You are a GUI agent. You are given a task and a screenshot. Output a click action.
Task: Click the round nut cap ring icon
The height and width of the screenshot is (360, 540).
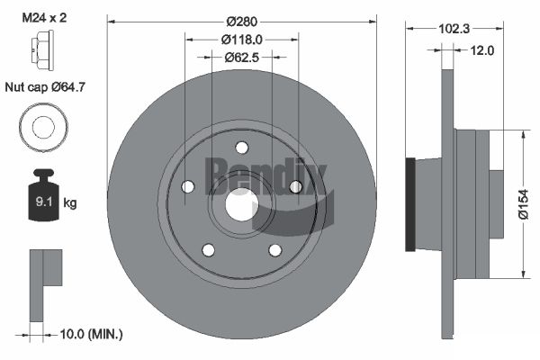click(x=42, y=127)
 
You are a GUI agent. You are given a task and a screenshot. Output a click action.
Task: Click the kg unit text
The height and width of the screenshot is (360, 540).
click(x=70, y=202)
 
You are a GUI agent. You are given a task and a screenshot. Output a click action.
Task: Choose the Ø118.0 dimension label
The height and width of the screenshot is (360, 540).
click(x=240, y=40)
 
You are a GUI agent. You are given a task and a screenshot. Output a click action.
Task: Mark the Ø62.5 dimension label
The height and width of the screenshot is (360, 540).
click(x=240, y=58)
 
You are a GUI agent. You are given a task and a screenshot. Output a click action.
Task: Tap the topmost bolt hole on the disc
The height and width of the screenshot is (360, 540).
click(x=241, y=148)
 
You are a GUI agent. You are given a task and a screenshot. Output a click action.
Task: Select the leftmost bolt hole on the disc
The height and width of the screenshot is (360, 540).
click(x=187, y=187)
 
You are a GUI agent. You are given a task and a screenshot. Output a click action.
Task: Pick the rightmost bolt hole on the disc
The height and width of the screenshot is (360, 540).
click(x=295, y=187)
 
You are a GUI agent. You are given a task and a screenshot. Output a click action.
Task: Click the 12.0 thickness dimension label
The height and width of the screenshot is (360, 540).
click(x=482, y=50)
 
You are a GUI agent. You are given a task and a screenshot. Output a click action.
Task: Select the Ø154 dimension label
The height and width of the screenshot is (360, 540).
click(x=523, y=204)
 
